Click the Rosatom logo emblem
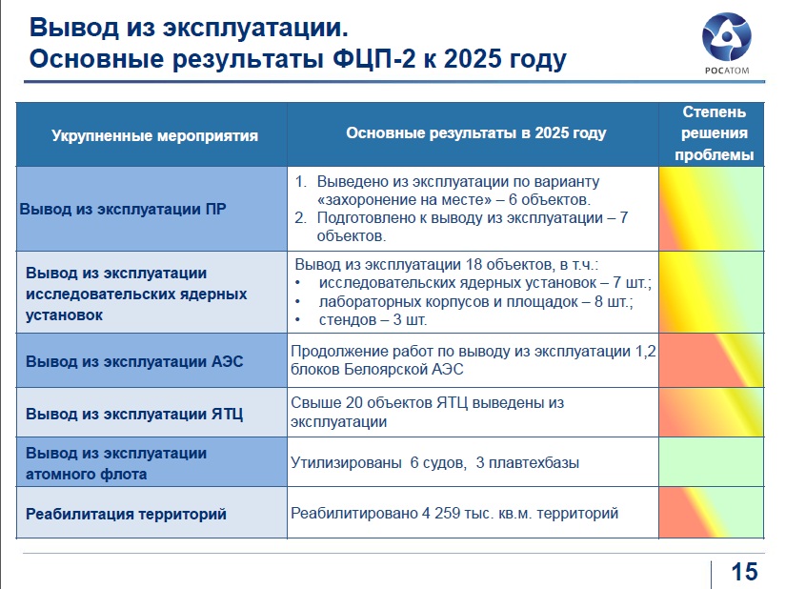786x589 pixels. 726,37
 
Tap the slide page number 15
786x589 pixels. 744,572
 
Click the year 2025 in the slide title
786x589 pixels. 473,59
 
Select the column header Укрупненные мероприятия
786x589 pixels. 155,135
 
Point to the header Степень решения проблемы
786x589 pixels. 714,133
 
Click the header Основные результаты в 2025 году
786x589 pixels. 476,132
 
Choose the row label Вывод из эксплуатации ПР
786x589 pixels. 123,209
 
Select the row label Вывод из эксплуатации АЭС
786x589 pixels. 134,361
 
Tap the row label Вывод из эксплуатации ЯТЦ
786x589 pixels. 134,414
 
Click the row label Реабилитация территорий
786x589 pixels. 126,514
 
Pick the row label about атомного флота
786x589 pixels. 116,463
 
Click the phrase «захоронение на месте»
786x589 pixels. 404,199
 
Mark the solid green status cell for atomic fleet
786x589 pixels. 712,461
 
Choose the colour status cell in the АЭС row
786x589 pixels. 712,360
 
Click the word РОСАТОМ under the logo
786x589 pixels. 727,71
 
